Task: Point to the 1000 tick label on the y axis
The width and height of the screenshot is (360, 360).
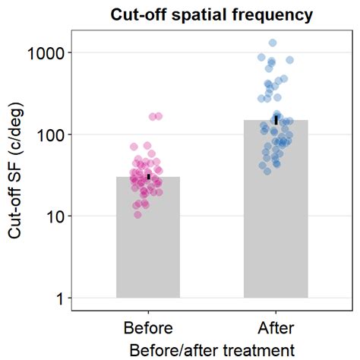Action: coord(46,53)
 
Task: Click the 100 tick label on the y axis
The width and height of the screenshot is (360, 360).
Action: coord(51,134)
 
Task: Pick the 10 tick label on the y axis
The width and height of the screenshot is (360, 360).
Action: coord(55,216)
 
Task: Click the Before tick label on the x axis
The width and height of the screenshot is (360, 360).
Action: coord(148,328)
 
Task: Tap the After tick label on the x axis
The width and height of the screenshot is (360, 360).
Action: coord(276,328)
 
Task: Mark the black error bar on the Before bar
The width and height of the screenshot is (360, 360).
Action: coord(149,176)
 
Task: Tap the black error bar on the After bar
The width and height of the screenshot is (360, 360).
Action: coord(276,119)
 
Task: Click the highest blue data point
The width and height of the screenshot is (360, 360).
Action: coord(273,43)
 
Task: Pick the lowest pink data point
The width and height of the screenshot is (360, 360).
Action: coord(137,215)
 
